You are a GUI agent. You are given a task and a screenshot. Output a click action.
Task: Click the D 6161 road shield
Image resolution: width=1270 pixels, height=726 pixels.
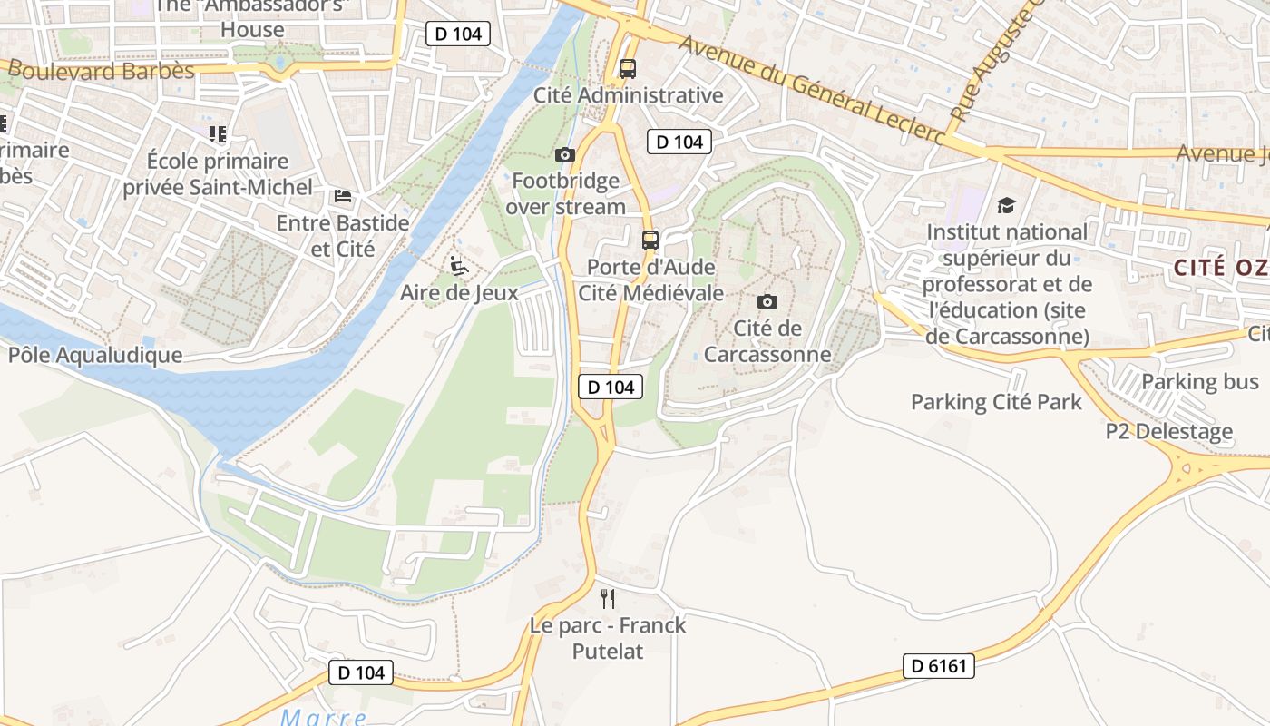point(939,666)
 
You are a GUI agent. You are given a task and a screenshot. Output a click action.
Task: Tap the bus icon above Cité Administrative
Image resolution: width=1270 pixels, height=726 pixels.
point(627,68)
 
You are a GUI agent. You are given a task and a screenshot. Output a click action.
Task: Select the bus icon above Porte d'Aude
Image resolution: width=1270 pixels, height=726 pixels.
point(650,240)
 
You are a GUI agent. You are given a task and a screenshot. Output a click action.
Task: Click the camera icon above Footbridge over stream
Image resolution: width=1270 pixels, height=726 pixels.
point(565,154)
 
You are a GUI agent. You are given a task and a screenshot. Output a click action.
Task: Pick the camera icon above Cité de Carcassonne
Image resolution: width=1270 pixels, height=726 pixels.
point(767,301)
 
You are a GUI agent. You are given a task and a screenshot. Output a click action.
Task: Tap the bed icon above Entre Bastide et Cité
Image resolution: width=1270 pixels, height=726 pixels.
point(342,196)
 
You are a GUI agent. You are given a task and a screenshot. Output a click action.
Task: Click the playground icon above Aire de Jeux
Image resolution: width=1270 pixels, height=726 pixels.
point(459,266)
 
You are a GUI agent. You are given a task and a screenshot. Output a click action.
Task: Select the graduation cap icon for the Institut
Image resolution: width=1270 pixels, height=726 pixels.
point(1006,205)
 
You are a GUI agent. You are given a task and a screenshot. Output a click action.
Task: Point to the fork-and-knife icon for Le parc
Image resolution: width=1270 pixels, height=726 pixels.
point(608,599)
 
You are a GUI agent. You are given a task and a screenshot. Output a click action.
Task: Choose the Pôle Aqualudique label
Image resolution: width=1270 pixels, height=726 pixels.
point(95,355)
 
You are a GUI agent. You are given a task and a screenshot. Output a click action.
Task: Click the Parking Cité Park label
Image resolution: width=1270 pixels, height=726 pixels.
point(996,401)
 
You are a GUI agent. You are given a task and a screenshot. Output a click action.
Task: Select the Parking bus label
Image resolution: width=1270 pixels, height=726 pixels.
point(1200,381)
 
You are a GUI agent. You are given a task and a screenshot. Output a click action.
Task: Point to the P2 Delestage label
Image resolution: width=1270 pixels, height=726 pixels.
point(1169,431)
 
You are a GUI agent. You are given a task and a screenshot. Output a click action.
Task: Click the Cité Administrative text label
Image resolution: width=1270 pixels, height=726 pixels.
point(628,95)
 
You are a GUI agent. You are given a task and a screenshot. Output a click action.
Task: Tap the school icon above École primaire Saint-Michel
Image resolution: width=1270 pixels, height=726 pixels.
point(218,134)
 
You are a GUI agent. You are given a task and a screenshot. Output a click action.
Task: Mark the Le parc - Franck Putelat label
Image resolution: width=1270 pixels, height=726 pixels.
point(608,638)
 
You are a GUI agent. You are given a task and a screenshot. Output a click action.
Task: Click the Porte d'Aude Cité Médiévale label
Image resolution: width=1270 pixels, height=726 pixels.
point(650,280)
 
